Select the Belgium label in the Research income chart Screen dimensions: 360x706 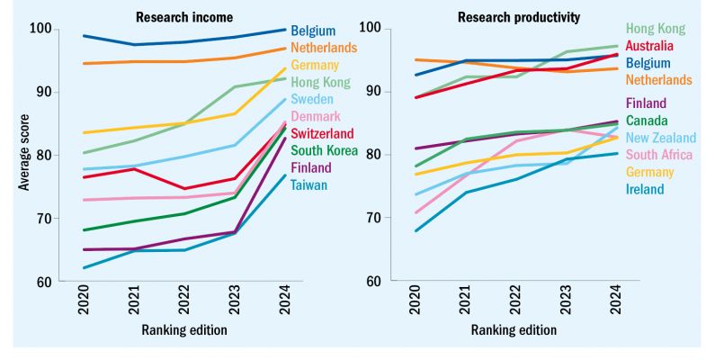point(313,31)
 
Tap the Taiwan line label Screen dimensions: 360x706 point(309,185)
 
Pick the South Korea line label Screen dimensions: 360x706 point(324,150)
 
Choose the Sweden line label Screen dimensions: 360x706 point(313,99)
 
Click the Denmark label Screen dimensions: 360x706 point(316,117)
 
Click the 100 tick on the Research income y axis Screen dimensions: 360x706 point(40,30)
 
